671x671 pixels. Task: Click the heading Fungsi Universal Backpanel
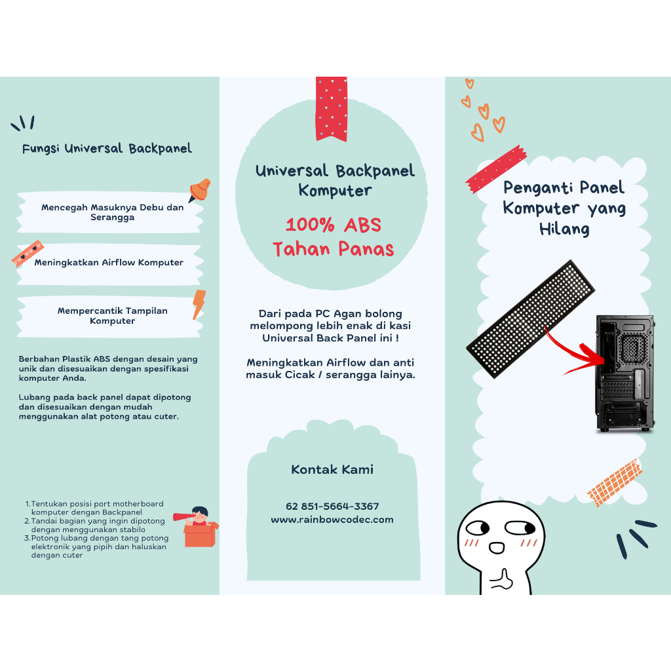coord(107,149)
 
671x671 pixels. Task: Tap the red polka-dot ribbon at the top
coord(331,109)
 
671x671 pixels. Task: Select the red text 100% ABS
coord(334,225)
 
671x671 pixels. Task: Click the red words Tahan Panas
coord(334,248)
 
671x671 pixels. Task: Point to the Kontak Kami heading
coord(332,469)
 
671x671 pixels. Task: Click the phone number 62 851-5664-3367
coord(332,507)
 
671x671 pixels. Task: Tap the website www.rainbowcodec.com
coord(332,520)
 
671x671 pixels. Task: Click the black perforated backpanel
coord(531,319)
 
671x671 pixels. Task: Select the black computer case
coord(625,373)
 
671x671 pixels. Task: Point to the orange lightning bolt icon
coord(199,304)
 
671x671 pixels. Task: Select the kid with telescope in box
coord(196,527)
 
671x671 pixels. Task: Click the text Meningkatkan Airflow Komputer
coord(109,262)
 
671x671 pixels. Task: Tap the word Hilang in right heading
coord(564,229)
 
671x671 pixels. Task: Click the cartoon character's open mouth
coord(497,548)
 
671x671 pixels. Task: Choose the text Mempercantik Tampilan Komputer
coord(113,316)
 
